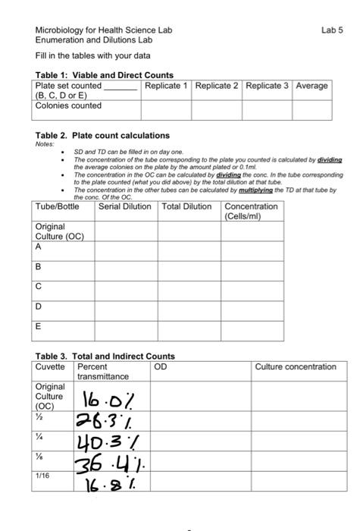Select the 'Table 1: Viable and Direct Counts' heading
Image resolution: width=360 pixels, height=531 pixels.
click(105, 75)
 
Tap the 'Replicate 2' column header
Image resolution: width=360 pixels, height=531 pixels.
click(217, 86)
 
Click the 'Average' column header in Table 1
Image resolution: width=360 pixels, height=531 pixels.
click(312, 86)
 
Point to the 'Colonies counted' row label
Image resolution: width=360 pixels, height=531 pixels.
click(68, 105)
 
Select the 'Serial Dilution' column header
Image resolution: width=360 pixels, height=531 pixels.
click(125, 206)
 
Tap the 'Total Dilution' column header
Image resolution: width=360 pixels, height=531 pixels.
click(186, 206)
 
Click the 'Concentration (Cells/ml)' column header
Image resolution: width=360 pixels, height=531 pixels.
click(252, 212)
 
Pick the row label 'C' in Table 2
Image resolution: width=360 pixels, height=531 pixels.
click(39, 287)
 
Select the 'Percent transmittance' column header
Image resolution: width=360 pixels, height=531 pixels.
click(103, 372)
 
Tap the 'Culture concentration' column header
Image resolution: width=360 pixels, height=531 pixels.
click(296, 367)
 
